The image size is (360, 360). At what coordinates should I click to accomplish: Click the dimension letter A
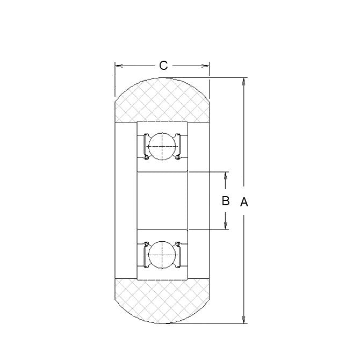[244, 202]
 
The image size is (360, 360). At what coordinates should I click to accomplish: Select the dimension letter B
[226, 201]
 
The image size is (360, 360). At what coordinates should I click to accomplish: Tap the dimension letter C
[163, 66]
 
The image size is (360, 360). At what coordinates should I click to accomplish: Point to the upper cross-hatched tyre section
[162, 102]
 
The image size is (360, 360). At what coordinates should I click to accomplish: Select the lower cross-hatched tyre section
[162, 301]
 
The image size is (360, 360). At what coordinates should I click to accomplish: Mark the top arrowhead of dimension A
[244, 82]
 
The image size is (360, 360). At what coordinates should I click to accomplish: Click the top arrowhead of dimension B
[226, 176]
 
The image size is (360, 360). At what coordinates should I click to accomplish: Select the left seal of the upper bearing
[144, 146]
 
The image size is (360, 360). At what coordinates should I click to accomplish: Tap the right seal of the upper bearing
[181, 146]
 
